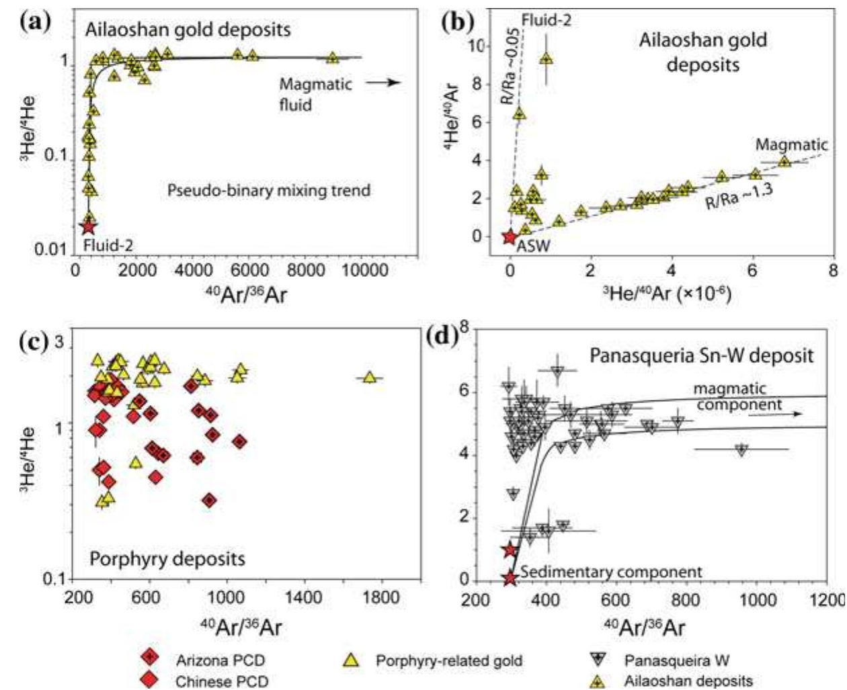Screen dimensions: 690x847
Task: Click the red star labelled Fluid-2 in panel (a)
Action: (88, 226)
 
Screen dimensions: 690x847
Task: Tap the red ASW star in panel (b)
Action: (510, 236)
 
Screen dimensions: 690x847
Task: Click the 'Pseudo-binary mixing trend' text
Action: (268, 190)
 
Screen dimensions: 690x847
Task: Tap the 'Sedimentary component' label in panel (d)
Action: (611, 572)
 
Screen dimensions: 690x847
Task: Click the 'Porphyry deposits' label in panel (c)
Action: (167, 558)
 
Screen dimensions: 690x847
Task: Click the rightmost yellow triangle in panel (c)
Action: (369, 378)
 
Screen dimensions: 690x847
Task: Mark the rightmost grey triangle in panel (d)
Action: (741, 449)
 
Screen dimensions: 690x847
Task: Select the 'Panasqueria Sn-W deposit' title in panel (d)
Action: (701, 355)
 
